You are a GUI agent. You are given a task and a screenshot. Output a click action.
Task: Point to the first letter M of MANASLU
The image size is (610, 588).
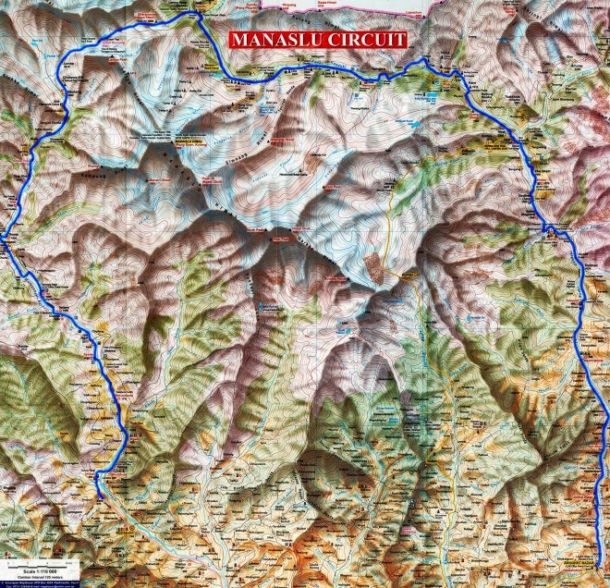coord(238,41)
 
